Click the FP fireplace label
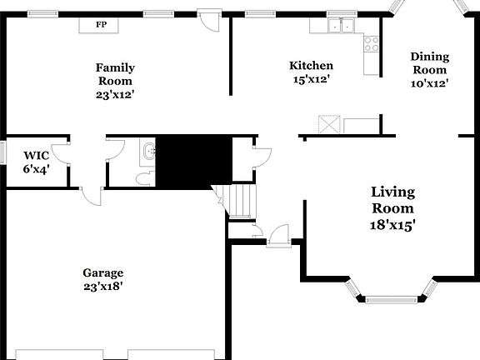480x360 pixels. [x=100, y=25]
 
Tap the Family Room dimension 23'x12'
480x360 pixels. [x=115, y=95]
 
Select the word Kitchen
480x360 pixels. [x=311, y=66]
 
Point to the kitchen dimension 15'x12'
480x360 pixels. [x=311, y=79]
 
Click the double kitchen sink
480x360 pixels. [x=339, y=26]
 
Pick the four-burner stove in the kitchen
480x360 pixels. [x=372, y=43]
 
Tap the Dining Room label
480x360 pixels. [x=429, y=63]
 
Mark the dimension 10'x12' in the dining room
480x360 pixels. [x=429, y=83]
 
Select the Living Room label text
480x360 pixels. [x=392, y=200]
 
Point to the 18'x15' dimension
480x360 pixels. [x=392, y=223]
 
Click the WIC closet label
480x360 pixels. [x=36, y=155]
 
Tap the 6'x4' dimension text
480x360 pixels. [x=36, y=169]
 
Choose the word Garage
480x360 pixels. [x=102, y=272]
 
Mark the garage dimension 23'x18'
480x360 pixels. [x=102, y=287]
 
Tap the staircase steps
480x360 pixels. [x=243, y=201]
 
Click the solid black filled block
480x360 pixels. [x=193, y=158]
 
